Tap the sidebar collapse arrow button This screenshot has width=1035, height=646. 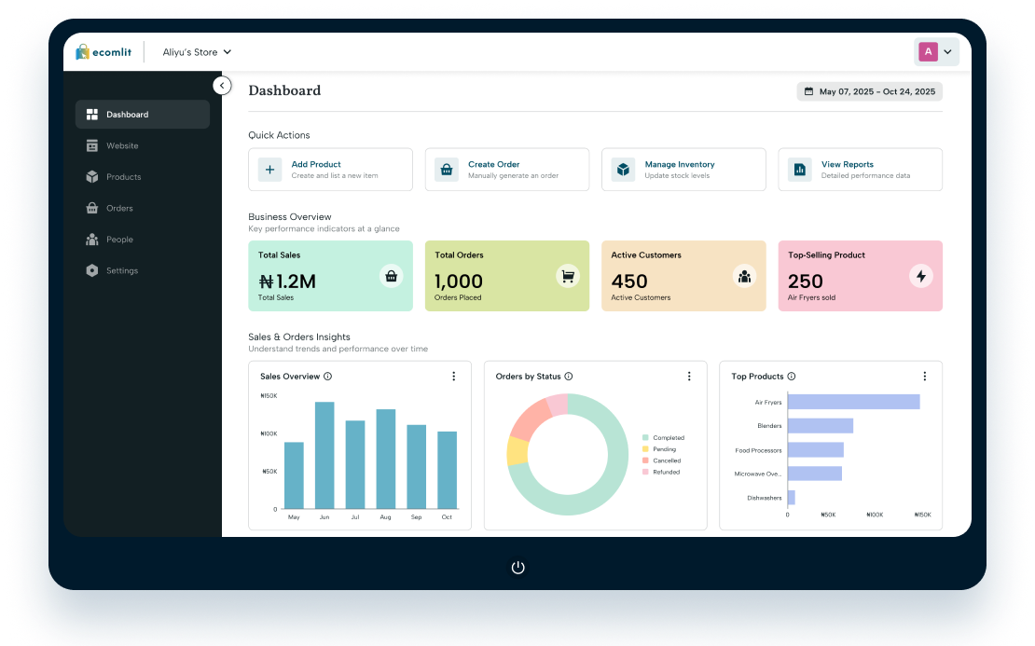point(223,86)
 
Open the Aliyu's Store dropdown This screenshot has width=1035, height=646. point(197,52)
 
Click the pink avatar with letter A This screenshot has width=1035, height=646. point(928,51)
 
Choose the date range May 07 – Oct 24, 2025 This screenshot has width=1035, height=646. point(869,91)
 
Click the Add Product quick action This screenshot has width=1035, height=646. point(330,170)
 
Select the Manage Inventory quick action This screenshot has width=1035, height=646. point(683,170)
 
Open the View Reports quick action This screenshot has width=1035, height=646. point(860,170)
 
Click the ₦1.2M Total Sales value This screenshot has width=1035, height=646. point(287,282)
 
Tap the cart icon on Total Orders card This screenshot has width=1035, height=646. point(568,276)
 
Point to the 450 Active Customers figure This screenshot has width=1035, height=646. point(629,282)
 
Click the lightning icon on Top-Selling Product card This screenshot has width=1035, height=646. point(921,276)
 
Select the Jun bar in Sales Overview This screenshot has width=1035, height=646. point(324,455)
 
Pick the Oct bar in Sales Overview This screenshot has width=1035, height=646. point(447,470)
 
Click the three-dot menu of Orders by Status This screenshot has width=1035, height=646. point(689,376)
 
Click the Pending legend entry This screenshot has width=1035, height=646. point(659,449)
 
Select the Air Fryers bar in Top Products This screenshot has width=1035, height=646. point(853,402)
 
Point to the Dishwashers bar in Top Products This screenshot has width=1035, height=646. point(792,498)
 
